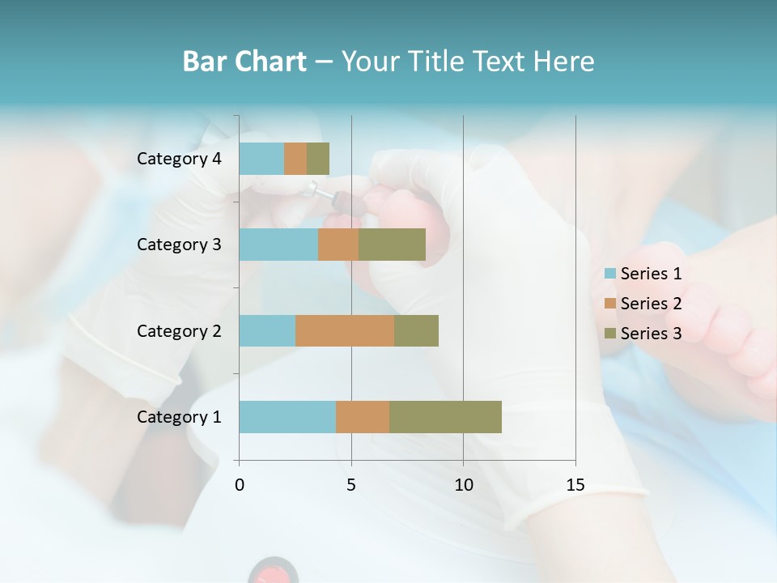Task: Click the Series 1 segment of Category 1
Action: click(287, 417)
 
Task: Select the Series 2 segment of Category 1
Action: click(363, 417)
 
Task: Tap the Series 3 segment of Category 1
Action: click(445, 417)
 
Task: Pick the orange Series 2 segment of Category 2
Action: click(345, 330)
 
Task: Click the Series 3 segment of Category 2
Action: click(416, 330)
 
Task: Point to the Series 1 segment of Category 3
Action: click(278, 245)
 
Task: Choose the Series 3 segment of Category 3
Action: click(392, 245)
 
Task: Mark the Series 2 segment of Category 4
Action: click(295, 159)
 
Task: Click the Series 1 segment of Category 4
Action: click(261, 159)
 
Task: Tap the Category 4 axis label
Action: click(179, 159)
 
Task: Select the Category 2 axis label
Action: click(179, 330)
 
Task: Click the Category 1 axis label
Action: click(179, 417)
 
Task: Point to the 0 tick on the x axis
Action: click(240, 485)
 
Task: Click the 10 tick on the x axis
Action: click(463, 485)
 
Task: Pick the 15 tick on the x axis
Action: click(575, 485)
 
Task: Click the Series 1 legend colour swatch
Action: click(609, 274)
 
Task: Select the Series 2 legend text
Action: click(651, 304)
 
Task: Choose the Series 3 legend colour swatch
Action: click(609, 334)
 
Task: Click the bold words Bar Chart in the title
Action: click(244, 62)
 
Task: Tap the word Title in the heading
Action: click(436, 62)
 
